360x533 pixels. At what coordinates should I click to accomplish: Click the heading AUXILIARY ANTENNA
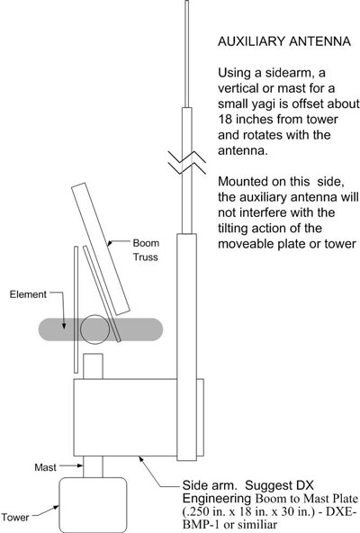pos(284,41)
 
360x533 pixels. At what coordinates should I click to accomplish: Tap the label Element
pos(28,294)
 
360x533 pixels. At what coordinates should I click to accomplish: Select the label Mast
pos(45,467)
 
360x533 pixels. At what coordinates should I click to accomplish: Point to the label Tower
pos(15,518)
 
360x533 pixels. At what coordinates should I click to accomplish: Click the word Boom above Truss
pos(146,243)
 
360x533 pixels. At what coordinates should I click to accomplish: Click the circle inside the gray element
pos(94,330)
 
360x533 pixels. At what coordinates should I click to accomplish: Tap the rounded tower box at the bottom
pos(93,505)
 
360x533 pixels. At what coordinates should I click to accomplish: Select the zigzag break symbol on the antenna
pos(186,162)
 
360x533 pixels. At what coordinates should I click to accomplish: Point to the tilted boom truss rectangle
pos(101,249)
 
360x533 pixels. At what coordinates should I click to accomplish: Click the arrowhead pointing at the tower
pos(56,508)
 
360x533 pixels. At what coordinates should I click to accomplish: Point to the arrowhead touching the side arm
pos(140,459)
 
